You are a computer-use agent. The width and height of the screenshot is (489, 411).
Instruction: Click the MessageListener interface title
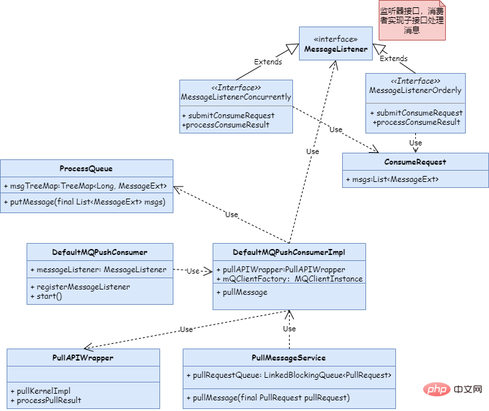(336, 49)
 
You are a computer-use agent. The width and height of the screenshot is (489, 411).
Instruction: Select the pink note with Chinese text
(412, 21)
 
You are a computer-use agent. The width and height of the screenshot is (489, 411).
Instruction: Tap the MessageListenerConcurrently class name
(236, 97)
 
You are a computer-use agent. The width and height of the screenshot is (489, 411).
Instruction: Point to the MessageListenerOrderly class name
(415, 90)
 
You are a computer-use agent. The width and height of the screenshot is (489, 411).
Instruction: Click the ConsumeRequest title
(415, 162)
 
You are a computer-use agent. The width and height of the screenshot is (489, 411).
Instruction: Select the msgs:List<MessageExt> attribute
(392, 179)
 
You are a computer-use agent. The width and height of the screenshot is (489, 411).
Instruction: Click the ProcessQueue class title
(86, 169)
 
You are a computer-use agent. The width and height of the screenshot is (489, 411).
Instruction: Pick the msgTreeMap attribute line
(86, 186)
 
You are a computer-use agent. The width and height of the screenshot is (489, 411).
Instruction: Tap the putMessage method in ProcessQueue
(84, 202)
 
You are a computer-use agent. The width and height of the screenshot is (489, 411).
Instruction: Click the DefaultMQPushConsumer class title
(100, 252)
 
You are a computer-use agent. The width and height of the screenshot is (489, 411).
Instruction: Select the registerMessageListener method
(80, 287)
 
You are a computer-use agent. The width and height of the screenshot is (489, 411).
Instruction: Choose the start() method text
(46, 296)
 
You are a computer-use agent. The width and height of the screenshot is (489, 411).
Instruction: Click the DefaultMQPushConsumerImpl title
(289, 252)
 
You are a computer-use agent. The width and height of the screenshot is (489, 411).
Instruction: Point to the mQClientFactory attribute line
(290, 279)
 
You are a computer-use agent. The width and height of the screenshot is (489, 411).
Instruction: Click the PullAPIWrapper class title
(83, 358)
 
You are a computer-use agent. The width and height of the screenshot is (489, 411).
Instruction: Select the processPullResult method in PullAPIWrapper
(46, 400)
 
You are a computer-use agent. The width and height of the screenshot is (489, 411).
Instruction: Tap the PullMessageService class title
(289, 358)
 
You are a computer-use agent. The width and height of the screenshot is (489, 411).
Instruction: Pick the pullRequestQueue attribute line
(289, 375)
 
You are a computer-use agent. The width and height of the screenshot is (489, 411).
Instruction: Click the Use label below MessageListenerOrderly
(415, 143)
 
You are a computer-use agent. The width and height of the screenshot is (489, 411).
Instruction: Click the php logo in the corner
(437, 390)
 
